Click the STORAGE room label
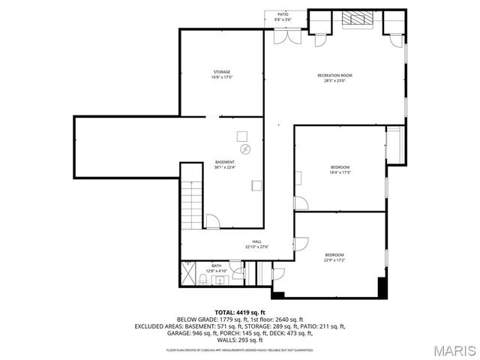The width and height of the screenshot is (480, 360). [221, 72]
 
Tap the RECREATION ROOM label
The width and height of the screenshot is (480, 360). [334, 76]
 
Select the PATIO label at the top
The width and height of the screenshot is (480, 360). [283, 13]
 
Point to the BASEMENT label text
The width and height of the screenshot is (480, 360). [225, 162]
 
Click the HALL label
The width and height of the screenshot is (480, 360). [256, 241]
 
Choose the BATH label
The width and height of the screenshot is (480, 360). [216, 265]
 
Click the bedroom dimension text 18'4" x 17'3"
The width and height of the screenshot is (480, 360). [340, 172]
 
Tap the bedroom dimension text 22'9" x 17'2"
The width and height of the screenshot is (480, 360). [334, 260]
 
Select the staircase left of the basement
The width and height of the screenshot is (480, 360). [192, 204]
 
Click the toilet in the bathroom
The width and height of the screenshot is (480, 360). [204, 280]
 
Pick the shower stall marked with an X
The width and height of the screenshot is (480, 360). [186, 268]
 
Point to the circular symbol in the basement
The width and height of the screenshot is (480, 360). [242, 150]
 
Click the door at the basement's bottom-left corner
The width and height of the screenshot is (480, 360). [213, 220]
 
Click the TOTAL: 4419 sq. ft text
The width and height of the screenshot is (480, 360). [239, 312]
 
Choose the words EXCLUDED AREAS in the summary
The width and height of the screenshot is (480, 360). [161, 326]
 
